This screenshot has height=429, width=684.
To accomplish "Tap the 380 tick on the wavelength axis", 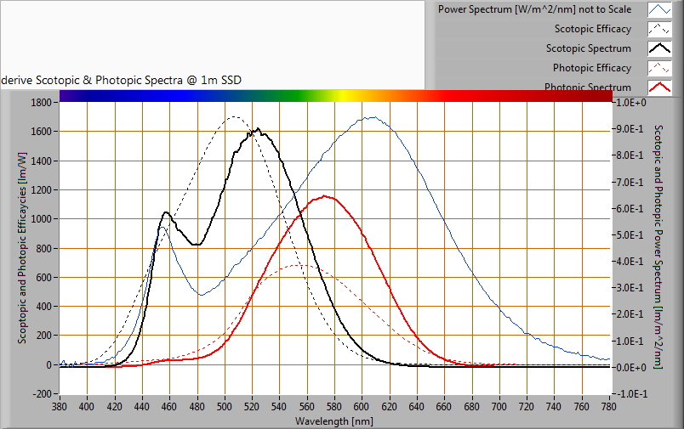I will (x=60, y=407).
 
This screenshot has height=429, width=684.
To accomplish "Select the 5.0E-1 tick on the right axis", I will (x=630, y=235).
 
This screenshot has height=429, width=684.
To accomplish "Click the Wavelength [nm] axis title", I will (x=333, y=421).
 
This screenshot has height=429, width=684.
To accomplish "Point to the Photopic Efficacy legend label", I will (x=592, y=68).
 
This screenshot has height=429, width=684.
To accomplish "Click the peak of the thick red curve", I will (x=326, y=196).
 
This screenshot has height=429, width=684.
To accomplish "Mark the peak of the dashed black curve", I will (x=234, y=116).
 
